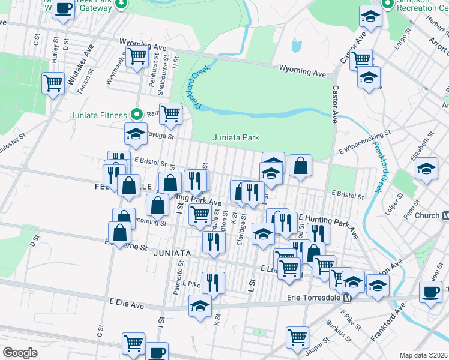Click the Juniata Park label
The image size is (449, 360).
(236, 137)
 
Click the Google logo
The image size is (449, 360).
(20, 353)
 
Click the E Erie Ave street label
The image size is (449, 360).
(127, 305)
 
